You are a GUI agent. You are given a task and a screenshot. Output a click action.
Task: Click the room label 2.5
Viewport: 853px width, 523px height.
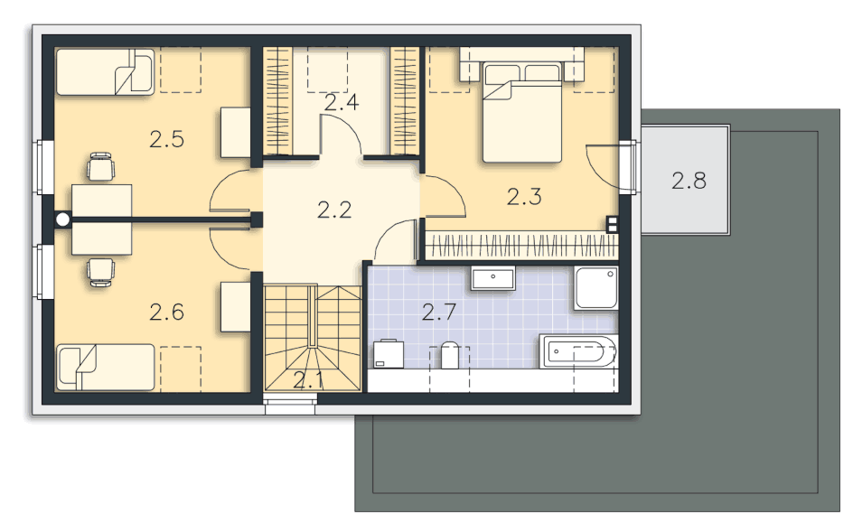click(x=166, y=140)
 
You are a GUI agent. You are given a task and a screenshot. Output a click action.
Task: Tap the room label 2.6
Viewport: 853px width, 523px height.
click(x=166, y=312)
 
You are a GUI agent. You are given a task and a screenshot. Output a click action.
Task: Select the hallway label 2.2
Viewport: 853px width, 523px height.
click(x=334, y=210)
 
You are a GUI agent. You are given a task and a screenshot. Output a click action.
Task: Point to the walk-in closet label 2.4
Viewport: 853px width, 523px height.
click(x=341, y=103)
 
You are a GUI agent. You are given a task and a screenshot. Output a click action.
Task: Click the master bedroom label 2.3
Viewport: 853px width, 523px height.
click(x=524, y=197)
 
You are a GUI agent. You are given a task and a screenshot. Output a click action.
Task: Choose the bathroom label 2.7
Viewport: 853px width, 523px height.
click(x=438, y=312)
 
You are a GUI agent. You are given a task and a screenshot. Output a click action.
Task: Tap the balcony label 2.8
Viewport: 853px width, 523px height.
click(x=689, y=181)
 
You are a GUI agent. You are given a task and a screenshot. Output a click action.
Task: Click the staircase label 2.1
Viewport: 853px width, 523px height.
click(x=308, y=380)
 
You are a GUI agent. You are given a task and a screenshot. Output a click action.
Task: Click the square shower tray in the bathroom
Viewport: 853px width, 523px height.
click(x=596, y=288)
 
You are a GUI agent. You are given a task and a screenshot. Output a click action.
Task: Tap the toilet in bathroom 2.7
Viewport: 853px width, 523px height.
click(x=450, y=356)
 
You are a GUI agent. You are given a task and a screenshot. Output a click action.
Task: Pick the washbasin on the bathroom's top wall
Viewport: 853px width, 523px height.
click(x=492, y=278)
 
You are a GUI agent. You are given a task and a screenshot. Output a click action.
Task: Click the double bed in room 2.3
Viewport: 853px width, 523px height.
click(x=522, y=112)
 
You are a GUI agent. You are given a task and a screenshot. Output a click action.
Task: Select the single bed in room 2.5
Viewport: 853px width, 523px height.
click(x=106, y=72)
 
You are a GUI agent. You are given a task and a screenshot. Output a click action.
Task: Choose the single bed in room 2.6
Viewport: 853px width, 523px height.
click(x=106, y=367)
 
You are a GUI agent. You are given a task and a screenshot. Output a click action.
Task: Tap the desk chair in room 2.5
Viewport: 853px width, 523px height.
click(x=101, y=166)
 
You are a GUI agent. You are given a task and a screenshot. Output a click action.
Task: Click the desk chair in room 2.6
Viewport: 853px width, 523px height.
click(x=101, y=273)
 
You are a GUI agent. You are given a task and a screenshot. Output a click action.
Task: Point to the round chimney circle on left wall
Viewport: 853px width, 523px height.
click(x=63, y=219)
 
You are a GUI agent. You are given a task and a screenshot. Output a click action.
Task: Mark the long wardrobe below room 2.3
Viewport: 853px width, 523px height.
click(x=521, y=247)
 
